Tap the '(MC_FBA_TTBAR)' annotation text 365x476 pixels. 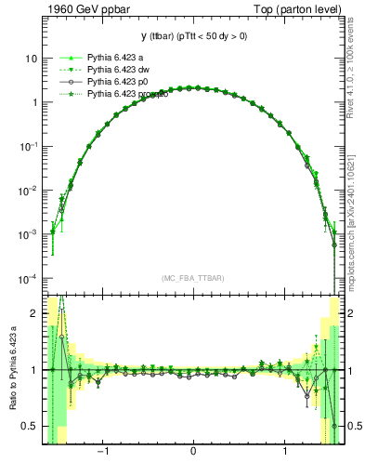(x=192, y=279)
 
